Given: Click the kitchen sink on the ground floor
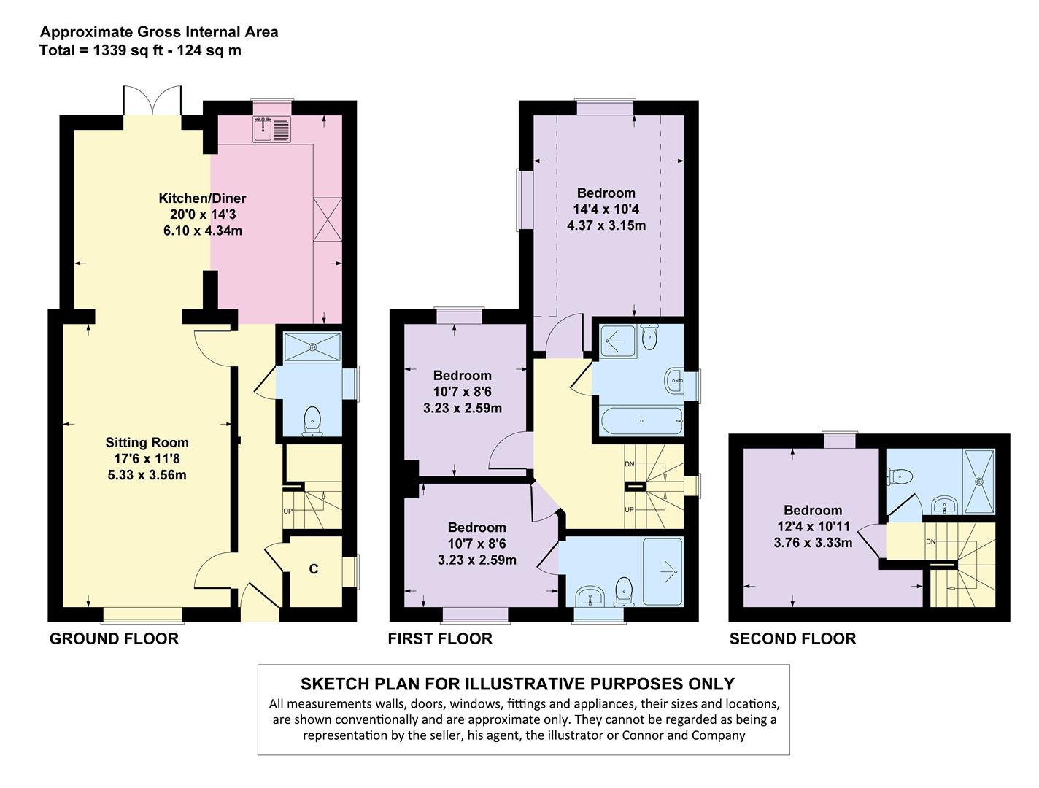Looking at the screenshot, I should tap(272, 129).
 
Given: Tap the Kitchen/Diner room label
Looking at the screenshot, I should tap(202, 198).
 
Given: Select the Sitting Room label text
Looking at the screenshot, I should tap(147, 442).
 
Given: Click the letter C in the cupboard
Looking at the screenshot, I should tap(314, 569).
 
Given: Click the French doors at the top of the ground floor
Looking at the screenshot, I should tap(152, 100).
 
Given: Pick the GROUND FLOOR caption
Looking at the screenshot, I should tap(114, 639).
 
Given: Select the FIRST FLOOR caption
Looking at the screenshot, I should tap(440, 639).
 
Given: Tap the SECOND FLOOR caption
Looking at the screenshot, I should tap(792, 639).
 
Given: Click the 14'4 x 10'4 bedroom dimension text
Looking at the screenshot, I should tap(606, 209).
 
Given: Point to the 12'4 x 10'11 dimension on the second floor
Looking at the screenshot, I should tap(813, 527).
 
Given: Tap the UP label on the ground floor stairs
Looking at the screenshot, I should tap(287, 511).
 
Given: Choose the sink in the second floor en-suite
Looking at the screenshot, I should tap(946, 504).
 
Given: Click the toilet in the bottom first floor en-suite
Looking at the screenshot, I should tap(623, 592).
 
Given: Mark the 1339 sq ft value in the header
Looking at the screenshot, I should tap(109, 50).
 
